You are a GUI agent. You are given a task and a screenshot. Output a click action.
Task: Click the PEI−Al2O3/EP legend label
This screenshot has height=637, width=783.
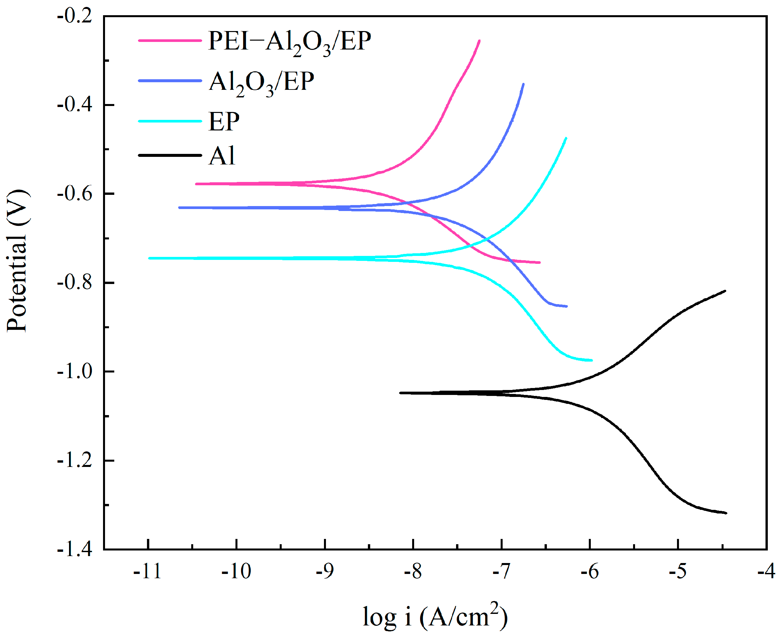(289, 42)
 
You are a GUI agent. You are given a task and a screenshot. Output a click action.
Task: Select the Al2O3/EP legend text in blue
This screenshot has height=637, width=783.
(261, 82)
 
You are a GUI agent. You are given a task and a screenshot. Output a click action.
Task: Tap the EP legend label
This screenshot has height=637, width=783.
(224, 122)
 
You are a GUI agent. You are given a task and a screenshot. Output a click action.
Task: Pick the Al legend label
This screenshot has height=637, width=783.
(222, 156)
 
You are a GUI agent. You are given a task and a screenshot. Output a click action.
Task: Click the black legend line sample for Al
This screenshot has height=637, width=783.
(170, 155)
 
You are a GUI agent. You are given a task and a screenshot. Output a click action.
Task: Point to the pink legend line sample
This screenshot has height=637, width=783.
(170, 40)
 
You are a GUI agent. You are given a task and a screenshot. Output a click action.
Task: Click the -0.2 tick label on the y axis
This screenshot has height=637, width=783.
(75, 17)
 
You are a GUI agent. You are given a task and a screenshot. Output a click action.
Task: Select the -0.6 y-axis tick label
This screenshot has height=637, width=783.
(75, 194)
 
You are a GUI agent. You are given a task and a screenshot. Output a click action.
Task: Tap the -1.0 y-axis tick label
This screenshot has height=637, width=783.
(75, 372)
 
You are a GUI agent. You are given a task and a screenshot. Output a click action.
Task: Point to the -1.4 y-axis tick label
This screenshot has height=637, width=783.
(75, 549)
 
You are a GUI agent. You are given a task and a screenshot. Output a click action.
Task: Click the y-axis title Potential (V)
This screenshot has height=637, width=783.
(17, 261)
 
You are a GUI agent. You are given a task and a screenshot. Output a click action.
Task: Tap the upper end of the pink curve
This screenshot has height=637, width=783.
(479, 41)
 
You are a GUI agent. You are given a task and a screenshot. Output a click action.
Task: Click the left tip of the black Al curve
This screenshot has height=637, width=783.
(401, 393)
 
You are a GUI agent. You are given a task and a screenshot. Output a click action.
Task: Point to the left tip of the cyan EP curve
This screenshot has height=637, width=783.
(149, 258)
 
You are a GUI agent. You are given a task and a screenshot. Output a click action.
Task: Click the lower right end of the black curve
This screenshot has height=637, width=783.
(726, 513)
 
